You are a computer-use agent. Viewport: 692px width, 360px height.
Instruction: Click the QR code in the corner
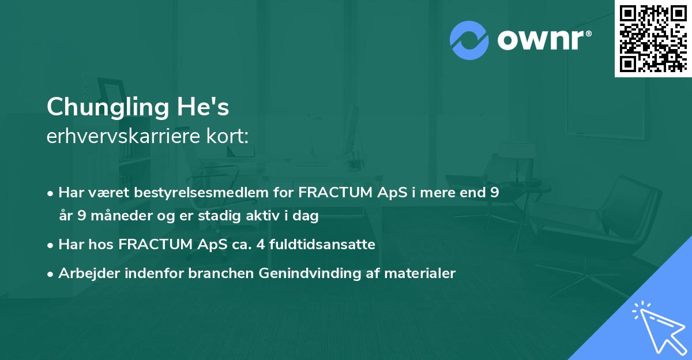653,38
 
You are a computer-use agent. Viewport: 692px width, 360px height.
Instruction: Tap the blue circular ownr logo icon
469,40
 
